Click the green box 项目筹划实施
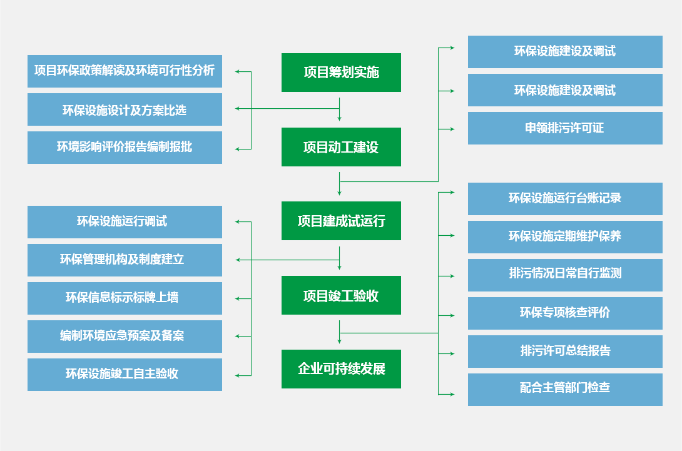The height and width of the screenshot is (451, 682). (341, 73)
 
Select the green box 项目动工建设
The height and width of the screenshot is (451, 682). (341, 148)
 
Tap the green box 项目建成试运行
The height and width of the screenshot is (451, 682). (341, 221)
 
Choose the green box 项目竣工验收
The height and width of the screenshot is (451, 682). (341, 296)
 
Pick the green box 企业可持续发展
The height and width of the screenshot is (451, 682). (341, 369)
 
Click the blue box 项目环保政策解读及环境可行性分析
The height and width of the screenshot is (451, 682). (125, 71)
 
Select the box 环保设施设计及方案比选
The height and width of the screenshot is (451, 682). (125, 109)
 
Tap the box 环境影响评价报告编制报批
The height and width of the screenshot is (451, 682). (125, 148)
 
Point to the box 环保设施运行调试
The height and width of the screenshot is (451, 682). (125, 222)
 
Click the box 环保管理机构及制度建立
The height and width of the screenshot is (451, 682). (125, 260)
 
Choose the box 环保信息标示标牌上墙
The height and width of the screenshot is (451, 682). (125, 298)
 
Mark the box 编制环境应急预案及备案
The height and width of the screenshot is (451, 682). (125, 337)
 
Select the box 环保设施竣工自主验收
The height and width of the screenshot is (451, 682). (125, 375)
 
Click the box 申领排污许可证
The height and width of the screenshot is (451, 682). (565, 128)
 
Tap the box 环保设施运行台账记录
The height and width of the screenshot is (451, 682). (565, 199)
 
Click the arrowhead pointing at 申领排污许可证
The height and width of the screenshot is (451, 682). (452, 129)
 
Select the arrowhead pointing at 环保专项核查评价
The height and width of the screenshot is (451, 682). (452, 315)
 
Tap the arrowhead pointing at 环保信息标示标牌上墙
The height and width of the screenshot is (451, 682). (238, 298)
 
